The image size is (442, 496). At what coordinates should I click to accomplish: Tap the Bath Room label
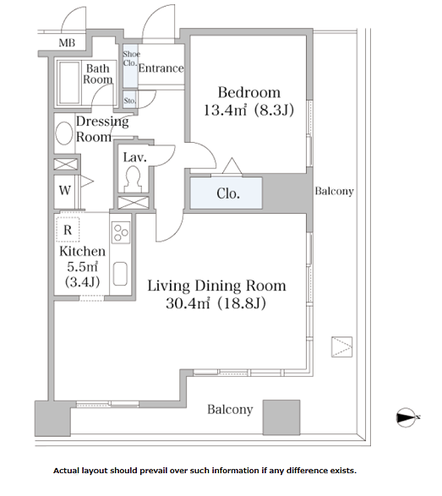coord(97,74)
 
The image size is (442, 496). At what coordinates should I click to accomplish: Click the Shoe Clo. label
coord(130,58)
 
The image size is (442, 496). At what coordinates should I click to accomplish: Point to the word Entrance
coord(161,68)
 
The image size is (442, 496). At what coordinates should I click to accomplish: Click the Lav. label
coord(134,157)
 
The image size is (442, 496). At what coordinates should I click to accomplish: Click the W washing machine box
coord(65,190)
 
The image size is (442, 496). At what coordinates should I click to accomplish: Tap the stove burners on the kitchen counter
coord(120,230)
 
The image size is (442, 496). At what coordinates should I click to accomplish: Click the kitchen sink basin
coord(120,275)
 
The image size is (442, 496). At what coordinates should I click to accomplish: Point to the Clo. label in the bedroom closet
coord(228,193)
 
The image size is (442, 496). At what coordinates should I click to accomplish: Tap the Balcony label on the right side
coord(334,191)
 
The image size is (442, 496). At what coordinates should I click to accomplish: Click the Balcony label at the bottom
coord(230,409)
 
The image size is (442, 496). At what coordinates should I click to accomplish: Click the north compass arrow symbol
coord(407,417)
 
